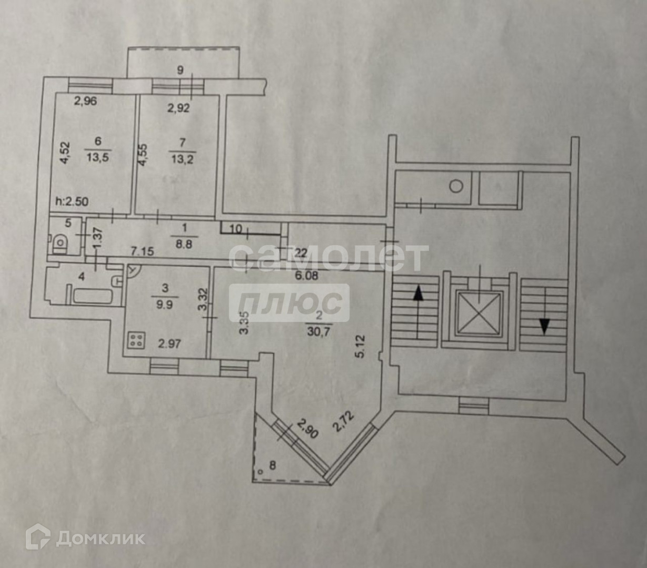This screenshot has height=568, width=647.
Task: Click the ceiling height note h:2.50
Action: (x=72, y=200)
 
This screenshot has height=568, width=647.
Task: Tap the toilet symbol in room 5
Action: (x=61, y=243)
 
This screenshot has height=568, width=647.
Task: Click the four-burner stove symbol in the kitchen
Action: (x=136, y=340)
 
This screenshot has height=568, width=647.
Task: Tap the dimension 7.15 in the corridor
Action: (x=142, y=251)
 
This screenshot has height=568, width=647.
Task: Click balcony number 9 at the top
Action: (x=181, y=69)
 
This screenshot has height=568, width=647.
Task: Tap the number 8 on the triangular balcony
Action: (x=272, y=464)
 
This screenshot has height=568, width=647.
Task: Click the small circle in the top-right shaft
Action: (x=456, y=186)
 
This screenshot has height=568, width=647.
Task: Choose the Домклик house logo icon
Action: (x=38, y=537)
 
